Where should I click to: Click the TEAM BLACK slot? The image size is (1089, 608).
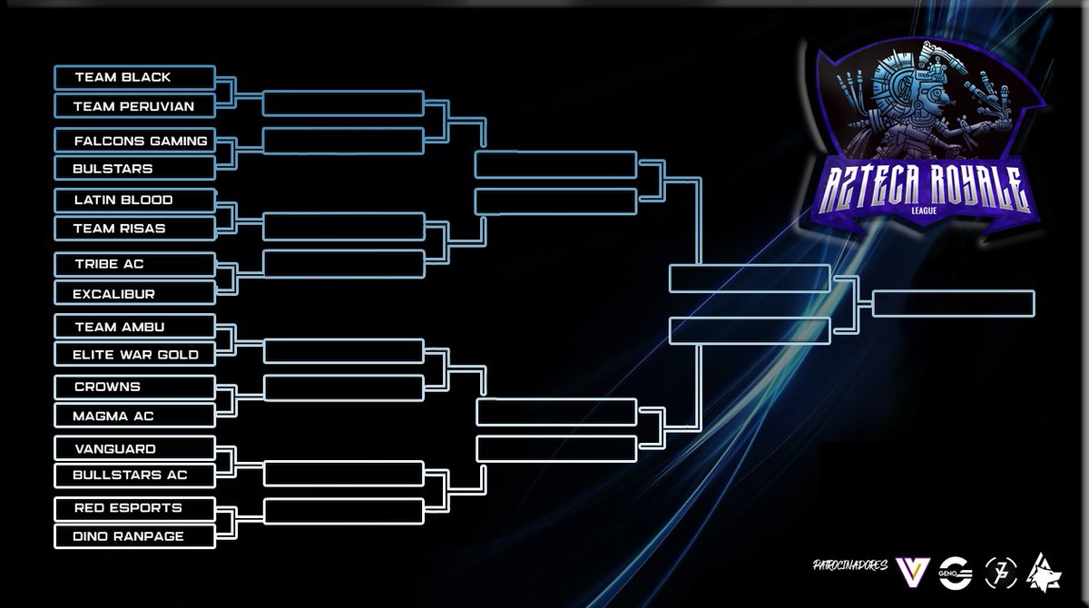[x=134, y=77]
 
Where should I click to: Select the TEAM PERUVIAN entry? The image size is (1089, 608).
[x=134, y=106]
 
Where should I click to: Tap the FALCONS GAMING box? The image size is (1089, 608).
[x=134, y=141]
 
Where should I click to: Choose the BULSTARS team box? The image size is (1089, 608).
[x=134, y=169]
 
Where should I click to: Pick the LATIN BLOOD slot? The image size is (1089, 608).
[x=134, y=200]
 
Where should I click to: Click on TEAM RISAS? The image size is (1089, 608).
[x=134, y=229]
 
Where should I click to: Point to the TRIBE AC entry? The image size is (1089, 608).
[x=134, y=263]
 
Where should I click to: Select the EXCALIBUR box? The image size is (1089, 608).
[x=134, y=293]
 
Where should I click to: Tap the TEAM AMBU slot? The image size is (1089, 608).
[x=134, y=326]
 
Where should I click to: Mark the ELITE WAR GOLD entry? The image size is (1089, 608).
[x=134, y=354]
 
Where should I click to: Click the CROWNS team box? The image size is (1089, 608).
[x=134, y=387]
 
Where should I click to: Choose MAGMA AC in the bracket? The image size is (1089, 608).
[x=134, y=416]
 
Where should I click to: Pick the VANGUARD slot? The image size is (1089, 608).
[x=134, y=448]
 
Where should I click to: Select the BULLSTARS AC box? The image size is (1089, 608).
[x=134, y=475]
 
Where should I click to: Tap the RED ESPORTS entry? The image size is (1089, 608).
[x=134, y=507]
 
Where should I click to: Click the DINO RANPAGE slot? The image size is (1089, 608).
[x=134, y=536]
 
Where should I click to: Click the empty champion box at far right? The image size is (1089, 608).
[x=953, y=303]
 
